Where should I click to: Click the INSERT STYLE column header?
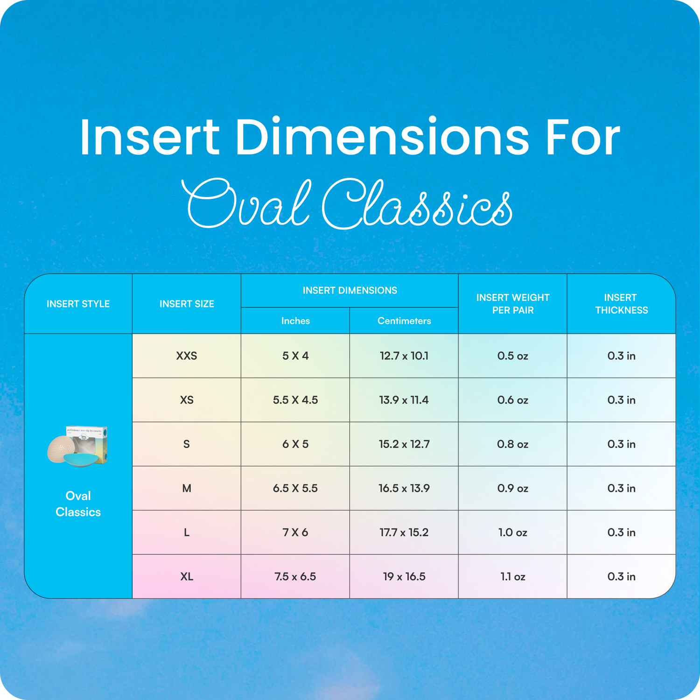click(78, 304)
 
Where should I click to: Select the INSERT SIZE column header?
click(187, 304)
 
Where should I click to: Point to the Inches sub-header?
click(295, 321)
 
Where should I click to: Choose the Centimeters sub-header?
click(404, 321)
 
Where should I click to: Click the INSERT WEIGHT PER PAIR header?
click(513, 304)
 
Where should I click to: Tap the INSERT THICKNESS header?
click(621, 304)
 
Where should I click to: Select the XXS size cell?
click(187, 356)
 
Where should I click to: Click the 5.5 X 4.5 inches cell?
click(295, 400)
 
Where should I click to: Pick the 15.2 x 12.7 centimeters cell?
click(404, 444)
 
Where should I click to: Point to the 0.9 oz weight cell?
click(513, 488)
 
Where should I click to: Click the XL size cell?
click(187, 576)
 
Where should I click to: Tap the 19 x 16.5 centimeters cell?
click(404, 576)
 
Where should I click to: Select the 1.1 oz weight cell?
click(513, 576)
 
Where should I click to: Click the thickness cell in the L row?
click(621, 532)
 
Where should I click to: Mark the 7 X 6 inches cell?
click(295, 532)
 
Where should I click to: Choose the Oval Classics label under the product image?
click(78, 504)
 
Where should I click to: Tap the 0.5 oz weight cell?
click(513, 356)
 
